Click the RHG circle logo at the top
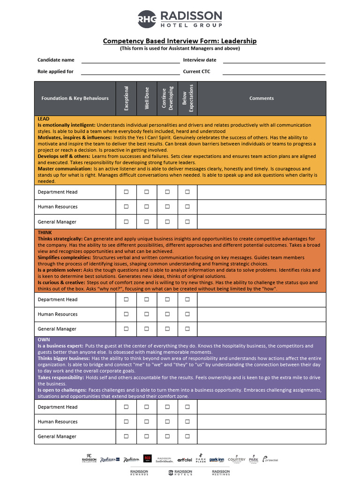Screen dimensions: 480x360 coord(147,19)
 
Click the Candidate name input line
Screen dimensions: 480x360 coord(130,60)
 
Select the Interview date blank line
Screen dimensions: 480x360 coord(274,60)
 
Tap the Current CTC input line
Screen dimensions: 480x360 coord(274,72)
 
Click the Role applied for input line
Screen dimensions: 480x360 coord(130,72)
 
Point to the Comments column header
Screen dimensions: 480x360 coord(262,98)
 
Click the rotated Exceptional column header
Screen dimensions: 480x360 coord(126,98)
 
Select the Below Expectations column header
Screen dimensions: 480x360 coord(187,98)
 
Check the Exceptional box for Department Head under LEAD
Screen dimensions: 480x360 coord(126,192)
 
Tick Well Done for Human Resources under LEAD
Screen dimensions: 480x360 coord(147,207)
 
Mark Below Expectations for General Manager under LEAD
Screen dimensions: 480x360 coord(187,222)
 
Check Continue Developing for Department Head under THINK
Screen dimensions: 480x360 coord(167,300)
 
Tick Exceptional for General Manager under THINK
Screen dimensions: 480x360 coord(126,329)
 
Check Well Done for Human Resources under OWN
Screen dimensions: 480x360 coord(147,422)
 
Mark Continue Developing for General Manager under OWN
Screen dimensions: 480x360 coord(167,436)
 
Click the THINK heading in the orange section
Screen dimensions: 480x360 coord(45,232)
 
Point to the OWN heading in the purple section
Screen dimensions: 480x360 coord(44,340)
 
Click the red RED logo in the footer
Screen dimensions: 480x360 coord(147,459)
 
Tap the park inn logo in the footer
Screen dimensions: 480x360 coord(217,460)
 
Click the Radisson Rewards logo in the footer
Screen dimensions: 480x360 coord(139,472)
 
